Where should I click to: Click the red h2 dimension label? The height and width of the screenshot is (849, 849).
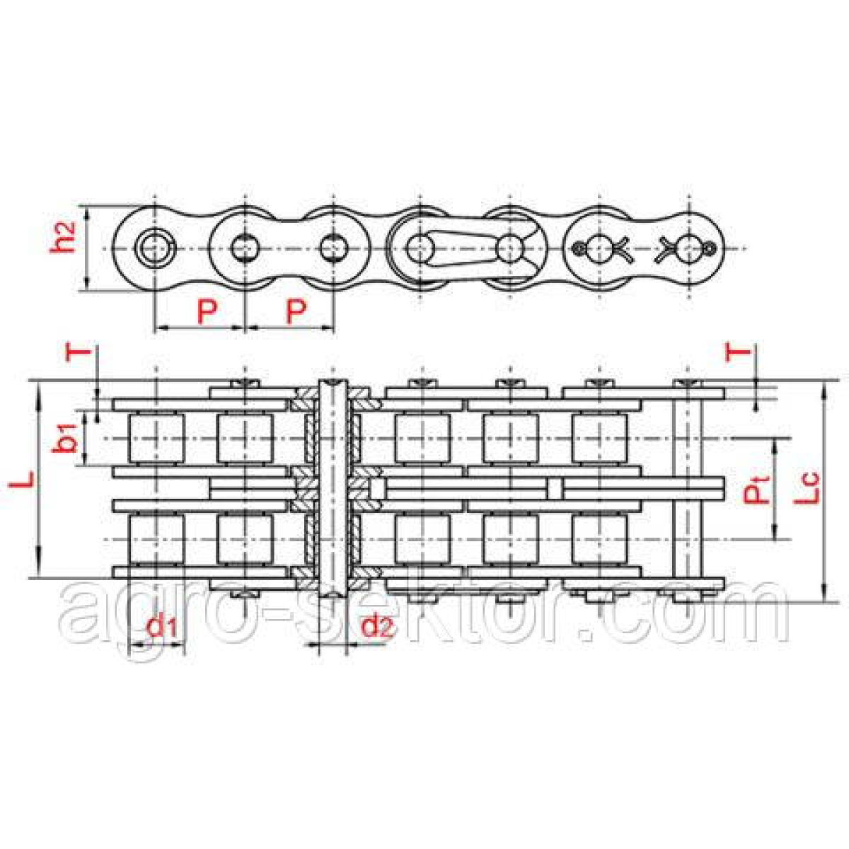[x=62, y=238]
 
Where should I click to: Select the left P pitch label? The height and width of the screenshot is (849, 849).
[x=207, y=311]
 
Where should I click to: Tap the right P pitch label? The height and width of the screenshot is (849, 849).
[x=296, y=311]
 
